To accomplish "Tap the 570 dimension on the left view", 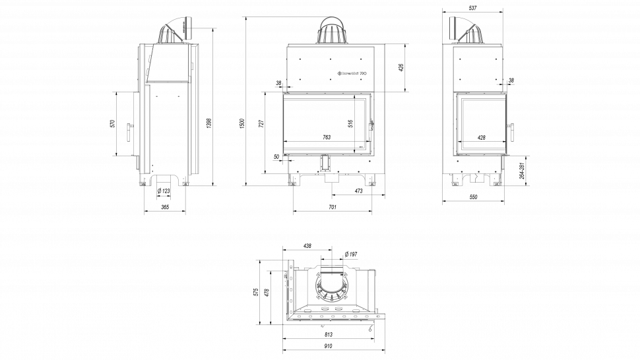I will tap(113, 123).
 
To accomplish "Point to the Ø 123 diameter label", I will tap(164, 191).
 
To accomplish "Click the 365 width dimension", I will tap(164, 207).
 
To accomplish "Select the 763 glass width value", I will tap(327, 137).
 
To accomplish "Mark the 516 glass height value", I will tap(351, 123).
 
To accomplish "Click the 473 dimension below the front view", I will tap(358, 191).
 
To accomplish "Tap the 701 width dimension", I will tap(333, 207).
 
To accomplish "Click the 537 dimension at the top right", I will tap(472, 8).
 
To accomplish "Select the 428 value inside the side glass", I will tap(481, 137).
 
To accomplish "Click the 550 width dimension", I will tap(473, 197).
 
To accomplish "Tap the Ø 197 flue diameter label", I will tap(350, 255).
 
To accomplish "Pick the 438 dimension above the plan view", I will tap(307, 245).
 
